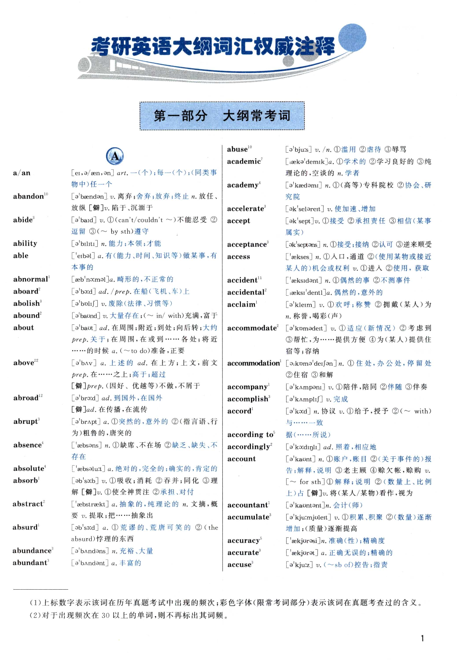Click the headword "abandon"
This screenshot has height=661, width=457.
29,196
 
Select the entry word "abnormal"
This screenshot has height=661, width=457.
30,279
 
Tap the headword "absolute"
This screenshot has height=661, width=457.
29,468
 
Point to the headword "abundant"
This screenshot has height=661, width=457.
30,562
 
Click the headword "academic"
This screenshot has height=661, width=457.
244,162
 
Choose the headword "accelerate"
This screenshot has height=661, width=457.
245,209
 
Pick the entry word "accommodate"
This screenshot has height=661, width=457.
252,328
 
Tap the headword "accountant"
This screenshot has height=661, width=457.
247,505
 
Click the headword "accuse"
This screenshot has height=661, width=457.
239,564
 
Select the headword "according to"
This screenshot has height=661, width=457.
250,434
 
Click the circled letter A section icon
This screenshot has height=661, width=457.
115,156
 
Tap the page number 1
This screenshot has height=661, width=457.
423,638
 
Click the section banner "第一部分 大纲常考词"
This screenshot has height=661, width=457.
222,116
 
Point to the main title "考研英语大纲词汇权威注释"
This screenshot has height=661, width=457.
213,47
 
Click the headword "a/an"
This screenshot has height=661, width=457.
22,173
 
